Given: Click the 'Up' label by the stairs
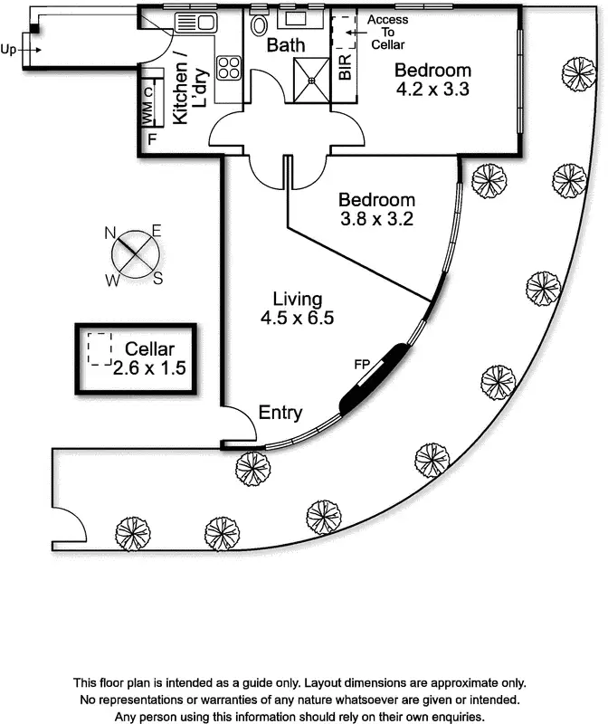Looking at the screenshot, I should coord(9,50).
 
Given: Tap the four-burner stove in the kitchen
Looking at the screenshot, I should coord(228,65).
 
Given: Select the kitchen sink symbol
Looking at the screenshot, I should coord(195,22).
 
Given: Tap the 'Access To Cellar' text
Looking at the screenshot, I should coord(387,32).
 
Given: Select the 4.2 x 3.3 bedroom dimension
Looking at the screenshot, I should coord(433,89).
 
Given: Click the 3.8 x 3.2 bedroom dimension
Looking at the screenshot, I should coord(376,218).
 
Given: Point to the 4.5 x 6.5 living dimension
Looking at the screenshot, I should coord(298,318).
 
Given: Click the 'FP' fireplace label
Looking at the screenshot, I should coord(361,364).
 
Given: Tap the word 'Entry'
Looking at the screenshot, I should coord(280,413).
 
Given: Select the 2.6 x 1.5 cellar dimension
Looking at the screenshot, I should coord(149,367).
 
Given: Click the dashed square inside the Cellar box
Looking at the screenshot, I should coord(100,349).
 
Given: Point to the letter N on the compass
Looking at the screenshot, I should coord(111,233).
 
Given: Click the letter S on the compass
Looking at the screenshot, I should coord(157,278).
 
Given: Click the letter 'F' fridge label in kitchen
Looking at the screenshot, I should coord(152,139).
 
